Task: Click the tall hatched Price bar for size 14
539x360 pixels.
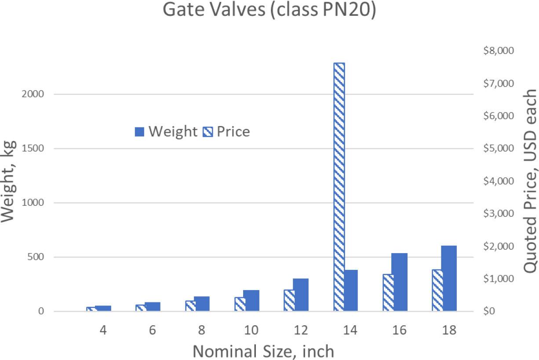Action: point(339,187)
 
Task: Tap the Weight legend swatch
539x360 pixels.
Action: point(139,131)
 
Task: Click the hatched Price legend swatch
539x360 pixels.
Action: point(208,131)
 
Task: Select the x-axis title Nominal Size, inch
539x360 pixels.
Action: point(263,351)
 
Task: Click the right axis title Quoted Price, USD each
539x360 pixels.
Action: point(531,181)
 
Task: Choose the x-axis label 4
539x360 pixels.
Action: point(103,331)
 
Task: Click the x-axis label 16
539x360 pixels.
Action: point(399,331)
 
